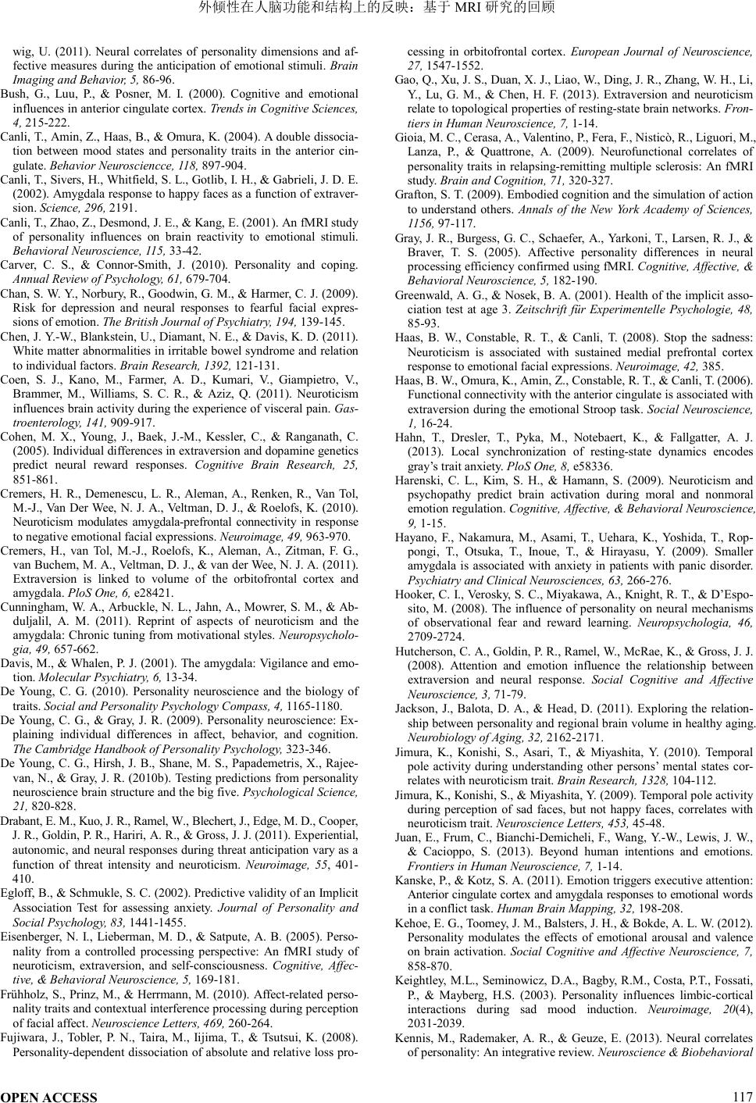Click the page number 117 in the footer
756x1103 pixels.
point(743,1096)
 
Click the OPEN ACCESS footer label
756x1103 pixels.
point(49,1097)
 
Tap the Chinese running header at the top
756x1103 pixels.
point(377,8)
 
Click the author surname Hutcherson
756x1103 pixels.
point(423,649)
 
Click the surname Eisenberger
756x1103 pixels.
point(34,937)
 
